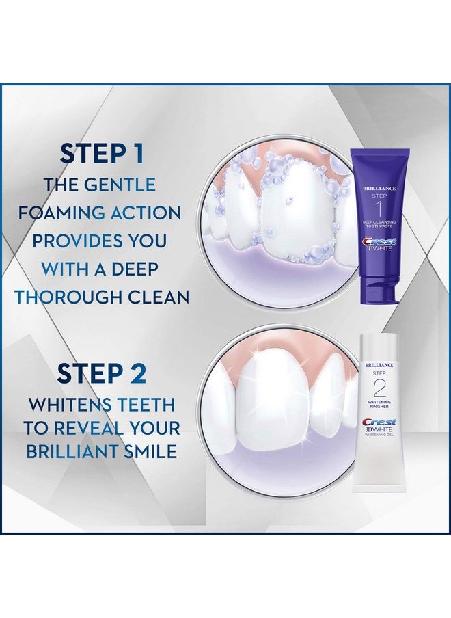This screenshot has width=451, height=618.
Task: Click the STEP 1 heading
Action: coord(101,152)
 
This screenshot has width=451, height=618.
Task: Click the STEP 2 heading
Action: coord(101,374)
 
